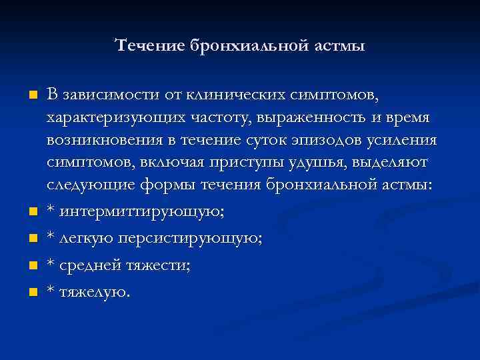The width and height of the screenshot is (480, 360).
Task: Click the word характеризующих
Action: pyautogui.click(x=110, y=118)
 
